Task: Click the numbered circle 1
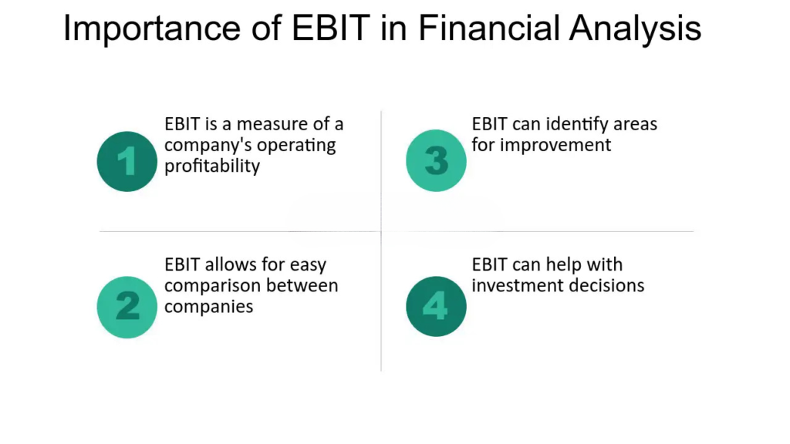127,161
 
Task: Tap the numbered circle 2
127,307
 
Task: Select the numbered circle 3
437,160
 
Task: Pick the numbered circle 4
437,306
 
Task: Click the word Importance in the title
152,29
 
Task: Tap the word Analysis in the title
636,29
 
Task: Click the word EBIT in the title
331,28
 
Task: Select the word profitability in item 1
212,166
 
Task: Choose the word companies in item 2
208,307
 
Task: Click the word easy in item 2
307,265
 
